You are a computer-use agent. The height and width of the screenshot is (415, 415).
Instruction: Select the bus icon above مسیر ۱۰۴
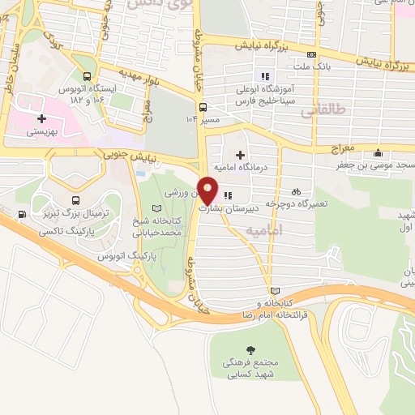pos(203,105)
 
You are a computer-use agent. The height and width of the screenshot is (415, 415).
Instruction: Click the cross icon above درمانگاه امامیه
pos(240,154)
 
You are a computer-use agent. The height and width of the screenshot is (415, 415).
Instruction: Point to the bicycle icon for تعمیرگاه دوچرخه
pos(297,192)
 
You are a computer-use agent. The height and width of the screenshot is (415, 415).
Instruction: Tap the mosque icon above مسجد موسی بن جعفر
pos(377,154)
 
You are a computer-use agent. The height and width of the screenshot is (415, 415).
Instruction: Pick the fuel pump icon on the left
pos(21,214)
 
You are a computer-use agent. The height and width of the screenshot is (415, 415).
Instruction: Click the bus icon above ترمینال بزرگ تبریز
pos(75,200)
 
